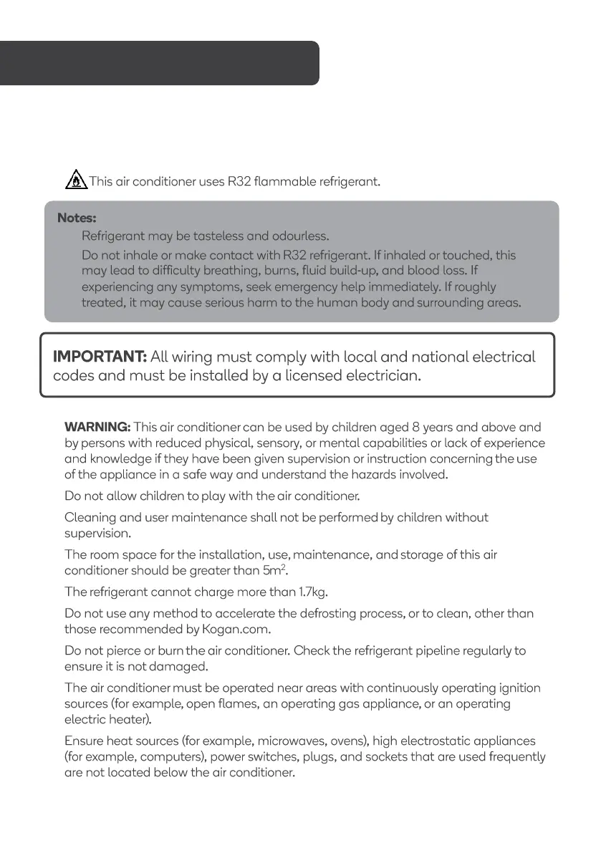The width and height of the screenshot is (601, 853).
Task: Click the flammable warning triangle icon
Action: pyautogui.click(x=75, y=180)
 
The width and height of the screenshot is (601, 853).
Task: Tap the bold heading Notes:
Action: pyautogui.click(x=77, y=217)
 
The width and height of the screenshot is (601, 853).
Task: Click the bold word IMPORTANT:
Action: pyautogui.click(x=100, y=357)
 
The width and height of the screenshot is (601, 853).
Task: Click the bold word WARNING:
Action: pyautogui.click(x=97, y=428)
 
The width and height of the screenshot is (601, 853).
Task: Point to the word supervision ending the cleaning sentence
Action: pyautogui.click(x=97, y=534)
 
